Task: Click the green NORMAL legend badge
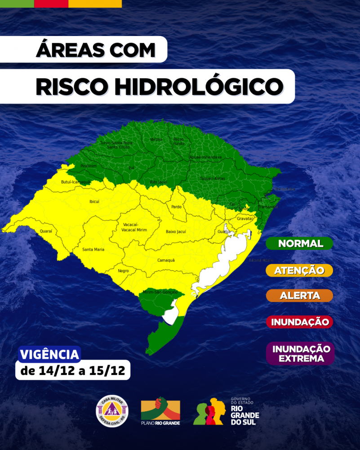point(299,244)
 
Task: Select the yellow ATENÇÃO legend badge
point(299,270)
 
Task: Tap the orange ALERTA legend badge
point(299,296)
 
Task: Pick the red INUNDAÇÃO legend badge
point(299,322)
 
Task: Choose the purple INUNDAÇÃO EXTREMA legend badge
point(299,353)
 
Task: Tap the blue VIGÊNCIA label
point(49,354)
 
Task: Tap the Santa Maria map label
point(93,249)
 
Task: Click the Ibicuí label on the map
point(94,201)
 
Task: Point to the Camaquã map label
point(166,260)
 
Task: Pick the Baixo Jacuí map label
point(176,232)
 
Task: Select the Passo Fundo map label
point(178,141)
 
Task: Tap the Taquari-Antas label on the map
point(212,178)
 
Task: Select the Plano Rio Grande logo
point(160,411)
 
